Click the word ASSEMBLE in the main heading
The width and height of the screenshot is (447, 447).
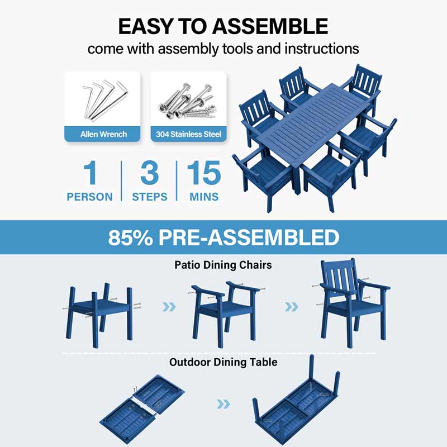[x=270, y=26]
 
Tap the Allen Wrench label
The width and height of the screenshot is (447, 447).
[x=103, y=134]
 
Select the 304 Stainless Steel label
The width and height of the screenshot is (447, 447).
[x=188, y=134]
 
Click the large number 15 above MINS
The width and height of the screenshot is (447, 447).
[x=204, y=173]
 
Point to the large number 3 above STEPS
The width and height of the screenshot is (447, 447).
[x=149, y=173]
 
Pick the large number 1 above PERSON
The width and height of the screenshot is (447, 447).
[x=91, y=173]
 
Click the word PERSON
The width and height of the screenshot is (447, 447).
[x=89, y=197]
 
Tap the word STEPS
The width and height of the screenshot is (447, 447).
[x=150, y=197]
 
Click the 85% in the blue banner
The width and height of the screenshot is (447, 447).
[x=130, y=237]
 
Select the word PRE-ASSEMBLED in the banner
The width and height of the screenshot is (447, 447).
[x=249, y=237]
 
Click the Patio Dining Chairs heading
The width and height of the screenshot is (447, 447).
[x=223, y=265]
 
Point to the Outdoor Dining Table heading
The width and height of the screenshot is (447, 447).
[x=223, y=362]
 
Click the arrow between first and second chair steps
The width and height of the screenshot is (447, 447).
[x=169, y=307]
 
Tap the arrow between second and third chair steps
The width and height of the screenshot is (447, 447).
[x=291, y=307]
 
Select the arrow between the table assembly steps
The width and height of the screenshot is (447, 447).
[x=223, y=404]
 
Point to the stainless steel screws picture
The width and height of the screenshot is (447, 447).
[x=187, y=101]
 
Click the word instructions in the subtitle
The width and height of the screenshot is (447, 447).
[x=322, y=49]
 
